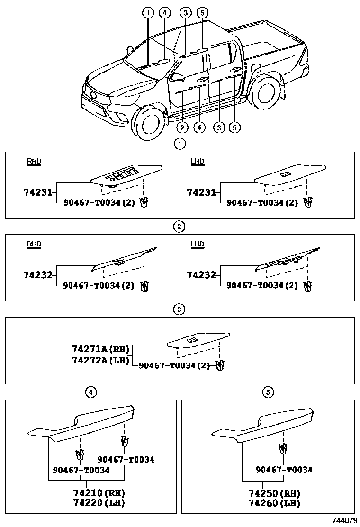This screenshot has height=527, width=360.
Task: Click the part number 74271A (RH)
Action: [100, 349]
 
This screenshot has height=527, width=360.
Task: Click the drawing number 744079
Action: [344, 520]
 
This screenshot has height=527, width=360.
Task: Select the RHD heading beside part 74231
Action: [34, 162]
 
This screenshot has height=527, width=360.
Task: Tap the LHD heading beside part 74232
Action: [197, 245]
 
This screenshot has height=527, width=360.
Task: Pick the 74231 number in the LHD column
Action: [201, 192]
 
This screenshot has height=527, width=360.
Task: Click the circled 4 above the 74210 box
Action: [90, 392]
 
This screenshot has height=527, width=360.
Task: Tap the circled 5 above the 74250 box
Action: [268, 392]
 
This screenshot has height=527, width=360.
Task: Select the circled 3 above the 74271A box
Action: [179, 309]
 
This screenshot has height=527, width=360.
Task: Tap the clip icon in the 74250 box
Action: [283, 448]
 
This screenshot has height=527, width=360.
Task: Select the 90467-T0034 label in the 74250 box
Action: [284, 470]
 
